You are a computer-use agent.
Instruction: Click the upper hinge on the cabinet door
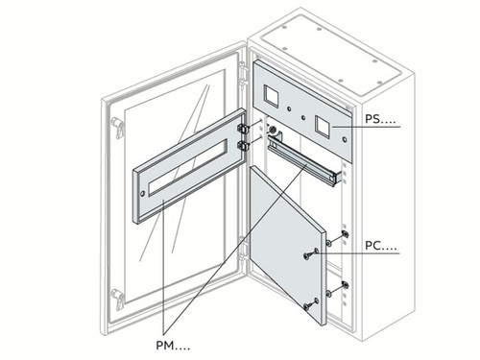pyautogui.click(x=117, y=126)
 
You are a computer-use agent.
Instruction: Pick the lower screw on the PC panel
pyautogui.click(x=307, y=305)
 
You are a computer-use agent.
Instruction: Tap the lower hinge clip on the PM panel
pyautogui.click(x=244, y=146)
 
